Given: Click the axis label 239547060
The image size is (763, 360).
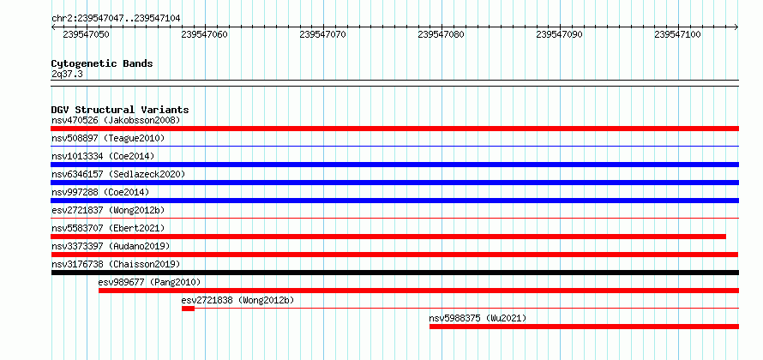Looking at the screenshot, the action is pos(204,34).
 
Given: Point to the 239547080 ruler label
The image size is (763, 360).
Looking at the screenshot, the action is pos(441,34).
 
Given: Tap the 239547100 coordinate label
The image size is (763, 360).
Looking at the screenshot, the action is pos(677,34).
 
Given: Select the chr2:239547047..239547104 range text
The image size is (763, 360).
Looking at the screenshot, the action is pos(116,18).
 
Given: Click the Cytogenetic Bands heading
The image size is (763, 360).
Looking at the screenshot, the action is pos(102,63).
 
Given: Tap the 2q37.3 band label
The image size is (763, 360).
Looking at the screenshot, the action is pos(66,74).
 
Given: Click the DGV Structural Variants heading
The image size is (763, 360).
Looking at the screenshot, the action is pos(120,110).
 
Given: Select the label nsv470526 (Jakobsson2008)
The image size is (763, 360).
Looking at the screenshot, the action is pos(116,120).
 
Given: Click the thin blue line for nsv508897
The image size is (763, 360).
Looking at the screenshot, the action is pos(394,146).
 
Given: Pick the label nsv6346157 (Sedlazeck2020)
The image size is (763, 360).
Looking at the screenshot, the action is pos(118,174).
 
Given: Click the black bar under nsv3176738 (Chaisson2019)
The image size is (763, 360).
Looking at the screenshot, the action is pos(394,273).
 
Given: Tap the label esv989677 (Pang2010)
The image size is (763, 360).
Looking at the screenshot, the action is pos(149,282).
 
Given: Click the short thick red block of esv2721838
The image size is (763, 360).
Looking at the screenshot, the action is pos(188,309).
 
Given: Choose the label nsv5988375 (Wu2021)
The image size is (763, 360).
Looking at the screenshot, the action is pos(478,318).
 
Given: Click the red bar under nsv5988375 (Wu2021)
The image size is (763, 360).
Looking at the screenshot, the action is pos(584,327).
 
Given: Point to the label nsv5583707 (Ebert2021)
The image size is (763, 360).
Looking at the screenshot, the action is pos(108,228).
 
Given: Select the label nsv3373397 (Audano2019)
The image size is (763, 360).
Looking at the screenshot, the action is pos(111,246).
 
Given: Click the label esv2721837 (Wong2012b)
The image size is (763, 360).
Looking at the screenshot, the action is pos(108,210).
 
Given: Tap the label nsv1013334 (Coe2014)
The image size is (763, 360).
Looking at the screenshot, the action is pos(103,156).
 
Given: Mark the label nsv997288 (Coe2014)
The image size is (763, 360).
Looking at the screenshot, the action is pos(100,192).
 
